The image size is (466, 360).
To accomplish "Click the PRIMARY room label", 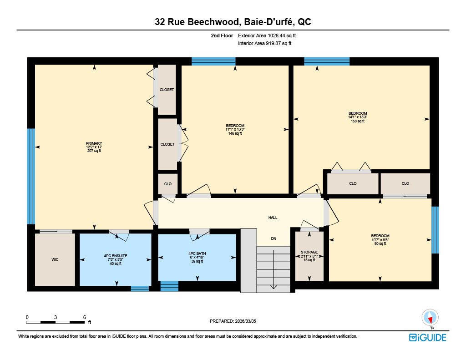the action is point(94,143).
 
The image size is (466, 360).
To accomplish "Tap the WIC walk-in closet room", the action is point(55,259).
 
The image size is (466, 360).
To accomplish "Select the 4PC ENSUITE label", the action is point(116,256).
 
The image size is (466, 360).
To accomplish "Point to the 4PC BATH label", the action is point(197,254).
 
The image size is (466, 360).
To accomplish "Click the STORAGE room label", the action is point(309,252).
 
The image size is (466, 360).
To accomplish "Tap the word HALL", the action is point(273,218).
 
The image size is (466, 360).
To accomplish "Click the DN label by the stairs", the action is point(274,238).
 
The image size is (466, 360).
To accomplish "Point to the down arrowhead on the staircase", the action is point(274,287).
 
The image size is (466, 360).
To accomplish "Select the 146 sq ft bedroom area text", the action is point(235,133).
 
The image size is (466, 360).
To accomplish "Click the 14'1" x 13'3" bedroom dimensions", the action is point(358,117).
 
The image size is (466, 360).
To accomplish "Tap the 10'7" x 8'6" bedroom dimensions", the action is point(380,240).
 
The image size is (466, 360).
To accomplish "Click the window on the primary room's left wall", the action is point(31,176).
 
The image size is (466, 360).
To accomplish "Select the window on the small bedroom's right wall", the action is point(435,230).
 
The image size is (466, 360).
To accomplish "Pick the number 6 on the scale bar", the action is point(84,317).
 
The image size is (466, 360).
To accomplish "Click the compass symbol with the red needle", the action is point(430,318).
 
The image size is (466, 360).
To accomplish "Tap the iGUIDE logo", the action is point(428,338).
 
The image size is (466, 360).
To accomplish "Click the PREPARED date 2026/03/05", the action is point(245,321).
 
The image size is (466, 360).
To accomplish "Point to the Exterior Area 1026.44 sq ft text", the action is point(267,35).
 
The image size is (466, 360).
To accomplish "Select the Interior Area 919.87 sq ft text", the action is point(265,43).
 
